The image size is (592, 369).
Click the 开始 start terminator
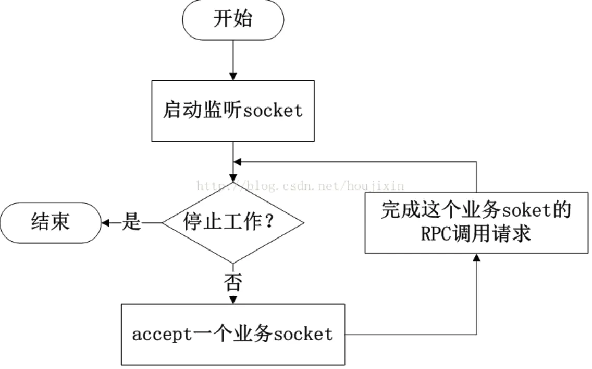232,19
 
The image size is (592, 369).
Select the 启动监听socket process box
232,111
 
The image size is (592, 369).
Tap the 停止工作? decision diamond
232,223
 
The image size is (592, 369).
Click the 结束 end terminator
51,223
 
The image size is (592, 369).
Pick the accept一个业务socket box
232,335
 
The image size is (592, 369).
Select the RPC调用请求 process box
476,223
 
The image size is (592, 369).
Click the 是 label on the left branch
131,223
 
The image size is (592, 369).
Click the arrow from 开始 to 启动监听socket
232,60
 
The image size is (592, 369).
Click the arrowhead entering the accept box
232,300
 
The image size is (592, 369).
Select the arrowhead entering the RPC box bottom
476,258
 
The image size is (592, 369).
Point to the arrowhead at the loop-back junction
237,162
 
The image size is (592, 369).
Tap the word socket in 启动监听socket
273,111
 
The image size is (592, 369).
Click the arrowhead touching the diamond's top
232,178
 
